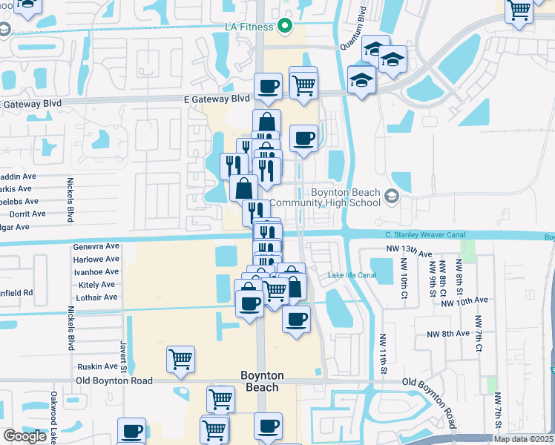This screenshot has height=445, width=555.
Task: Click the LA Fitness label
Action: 250,27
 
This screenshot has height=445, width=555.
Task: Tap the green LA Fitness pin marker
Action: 284,27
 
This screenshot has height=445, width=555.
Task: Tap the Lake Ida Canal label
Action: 352,275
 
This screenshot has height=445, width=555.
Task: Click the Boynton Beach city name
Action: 261,381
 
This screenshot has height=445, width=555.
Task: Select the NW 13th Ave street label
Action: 409,252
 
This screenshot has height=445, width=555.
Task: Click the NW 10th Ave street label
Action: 464,300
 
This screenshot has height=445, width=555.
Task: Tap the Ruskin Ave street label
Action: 98,366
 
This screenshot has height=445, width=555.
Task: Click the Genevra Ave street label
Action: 96,246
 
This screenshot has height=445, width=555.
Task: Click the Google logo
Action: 24,436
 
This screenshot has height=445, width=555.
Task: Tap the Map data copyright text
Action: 523,439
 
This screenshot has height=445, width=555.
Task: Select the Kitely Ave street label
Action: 96,285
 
